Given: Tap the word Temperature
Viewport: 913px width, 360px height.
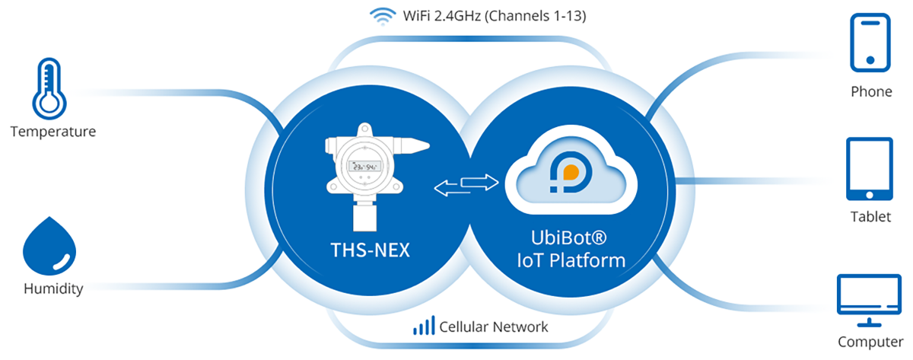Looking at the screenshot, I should click(53, 132).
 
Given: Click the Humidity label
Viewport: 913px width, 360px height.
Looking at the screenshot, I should click(53, 289).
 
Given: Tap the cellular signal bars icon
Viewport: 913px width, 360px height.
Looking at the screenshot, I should click(424, 327).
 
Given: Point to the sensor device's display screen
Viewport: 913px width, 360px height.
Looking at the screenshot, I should click(364, 169).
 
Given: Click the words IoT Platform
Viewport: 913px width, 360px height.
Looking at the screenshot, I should click(571, 260).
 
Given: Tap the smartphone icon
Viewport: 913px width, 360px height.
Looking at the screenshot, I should click(871, 42).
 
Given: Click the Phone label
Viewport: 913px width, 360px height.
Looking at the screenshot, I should click(871, 92).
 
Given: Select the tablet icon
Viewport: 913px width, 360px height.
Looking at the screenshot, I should click(869, 168).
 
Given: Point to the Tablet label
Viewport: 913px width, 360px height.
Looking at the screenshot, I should click(870, 217).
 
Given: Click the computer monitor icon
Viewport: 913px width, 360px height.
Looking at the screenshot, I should click(868, 296).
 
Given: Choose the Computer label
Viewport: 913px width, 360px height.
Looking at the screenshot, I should click(870, 342).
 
